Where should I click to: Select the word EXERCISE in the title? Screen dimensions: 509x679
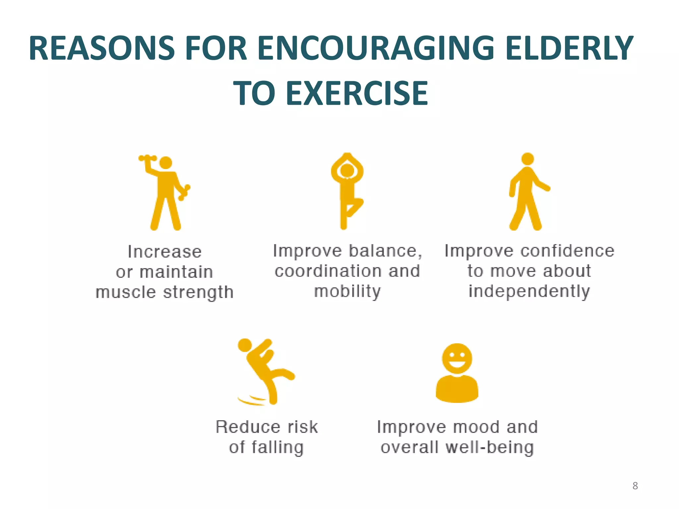(x=357, y=93)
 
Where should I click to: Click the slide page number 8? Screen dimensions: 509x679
(x=635, y=486)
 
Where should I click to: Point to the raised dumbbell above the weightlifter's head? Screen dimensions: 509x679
(x=148, y=158)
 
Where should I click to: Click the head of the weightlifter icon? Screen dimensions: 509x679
(x=166, y=163)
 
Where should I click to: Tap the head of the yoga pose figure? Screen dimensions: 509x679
(x=347, y=170)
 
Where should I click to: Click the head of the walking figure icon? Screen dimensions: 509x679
(x=527, y=159)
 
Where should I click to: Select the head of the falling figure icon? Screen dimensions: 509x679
(x=245, y=345)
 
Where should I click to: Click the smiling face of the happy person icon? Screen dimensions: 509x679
(x=457, y=358)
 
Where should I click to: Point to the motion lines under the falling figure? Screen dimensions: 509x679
(x=252, y=401)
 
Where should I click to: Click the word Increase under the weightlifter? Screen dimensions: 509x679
(x=165, y=252)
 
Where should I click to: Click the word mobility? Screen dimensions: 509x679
(x=347, y=292)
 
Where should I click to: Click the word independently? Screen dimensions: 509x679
(x=529, y=292)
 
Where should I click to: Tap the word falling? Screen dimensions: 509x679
(x=277, y=448)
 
